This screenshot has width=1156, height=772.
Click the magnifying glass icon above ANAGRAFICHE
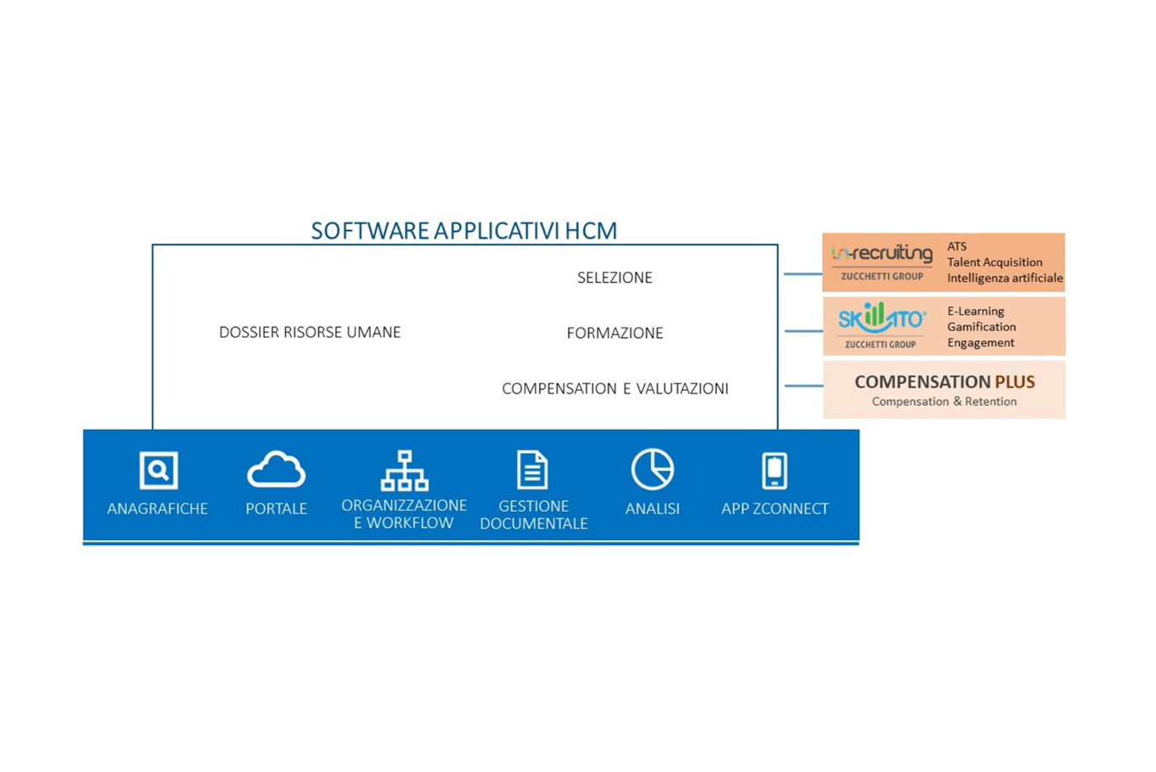point(158,470)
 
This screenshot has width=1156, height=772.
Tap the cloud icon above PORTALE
point(276,469)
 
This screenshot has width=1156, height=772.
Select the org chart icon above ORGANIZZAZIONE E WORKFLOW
point(405,470)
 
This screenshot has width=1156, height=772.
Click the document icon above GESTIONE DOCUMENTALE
point(532,470)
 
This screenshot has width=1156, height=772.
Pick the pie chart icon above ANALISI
point(652,469)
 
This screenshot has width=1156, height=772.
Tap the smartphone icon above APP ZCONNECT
point(774,470)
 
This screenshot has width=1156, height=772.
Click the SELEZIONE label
point(614,278)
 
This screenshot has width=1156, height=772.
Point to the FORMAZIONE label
point(614,333)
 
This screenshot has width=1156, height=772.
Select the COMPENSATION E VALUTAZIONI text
point(615,389)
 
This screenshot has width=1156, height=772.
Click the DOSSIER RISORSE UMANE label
point(310,332)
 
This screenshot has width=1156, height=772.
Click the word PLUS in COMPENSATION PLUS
point(1015,382)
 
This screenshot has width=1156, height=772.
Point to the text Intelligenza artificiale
point(1005,278)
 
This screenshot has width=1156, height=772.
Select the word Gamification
point(982,328)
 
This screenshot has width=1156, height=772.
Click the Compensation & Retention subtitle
point(944,401)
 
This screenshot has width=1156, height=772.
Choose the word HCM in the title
point(591,231)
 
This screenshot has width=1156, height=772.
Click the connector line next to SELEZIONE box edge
point(803,274)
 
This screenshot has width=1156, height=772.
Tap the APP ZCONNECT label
point(774,509)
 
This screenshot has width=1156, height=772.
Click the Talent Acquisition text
point(994,262)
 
